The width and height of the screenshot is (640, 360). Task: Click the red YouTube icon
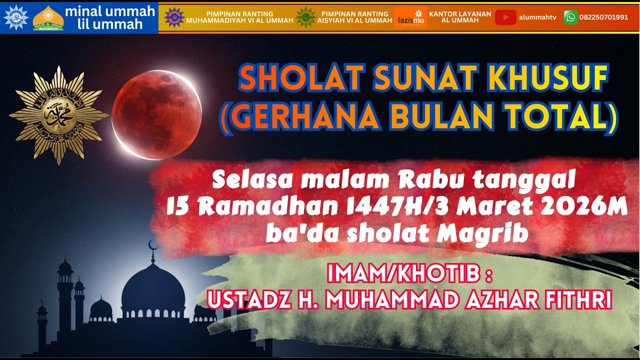pos(505,17)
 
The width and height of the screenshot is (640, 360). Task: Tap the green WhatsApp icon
pos(570,17)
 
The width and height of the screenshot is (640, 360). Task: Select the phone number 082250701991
pos(603,17)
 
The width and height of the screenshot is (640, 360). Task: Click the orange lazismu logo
pos(410,17)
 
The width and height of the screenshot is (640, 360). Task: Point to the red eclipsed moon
pos(156,114)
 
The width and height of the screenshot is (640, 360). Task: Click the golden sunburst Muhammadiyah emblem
pos(58,115)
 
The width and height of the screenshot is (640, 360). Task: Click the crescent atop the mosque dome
pos(153,244)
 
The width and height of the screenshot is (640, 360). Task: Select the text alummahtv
pos(537,17)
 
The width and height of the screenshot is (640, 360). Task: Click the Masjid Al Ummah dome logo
pos(48,18)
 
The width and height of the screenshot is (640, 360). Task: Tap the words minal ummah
pos(109,11)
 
